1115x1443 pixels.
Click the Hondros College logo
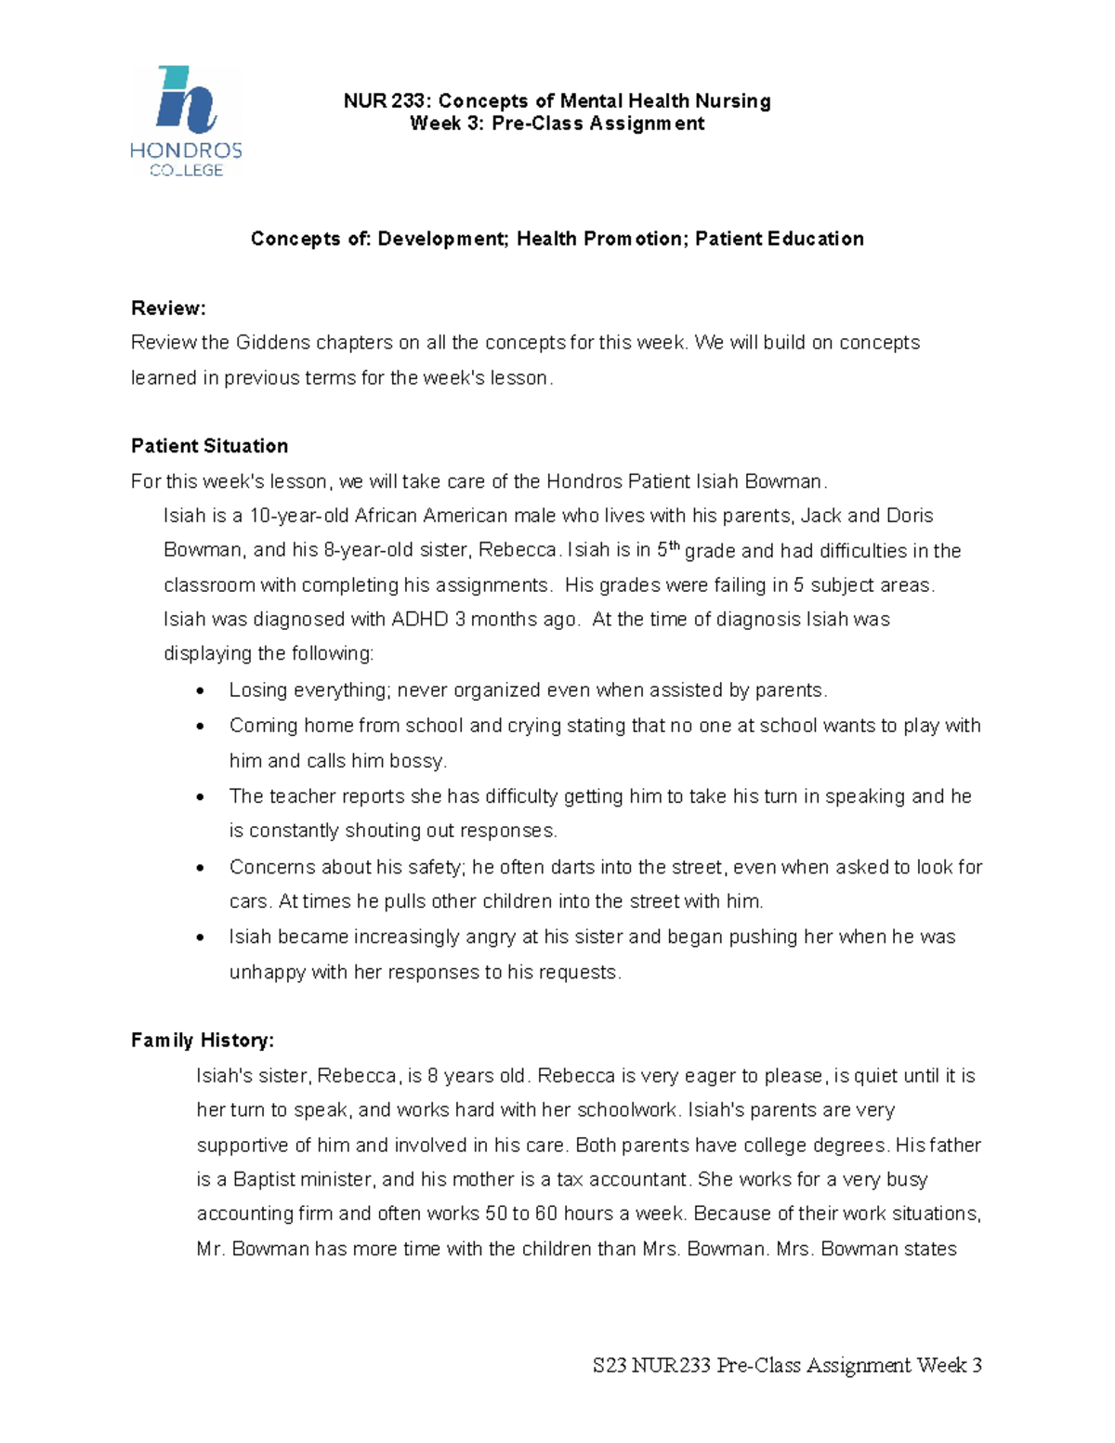point(186,121)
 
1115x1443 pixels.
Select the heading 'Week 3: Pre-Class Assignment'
point(557,125)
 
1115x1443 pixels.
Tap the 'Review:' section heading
point(168,308)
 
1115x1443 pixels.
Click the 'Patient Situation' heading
point(209,446)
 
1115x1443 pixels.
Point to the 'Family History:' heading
point(203,1041)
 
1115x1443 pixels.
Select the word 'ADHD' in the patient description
point(420,620)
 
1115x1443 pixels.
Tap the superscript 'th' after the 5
point(675,546)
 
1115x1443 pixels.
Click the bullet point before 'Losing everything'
point(201,691)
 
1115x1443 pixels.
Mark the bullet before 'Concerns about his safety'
point(201,868)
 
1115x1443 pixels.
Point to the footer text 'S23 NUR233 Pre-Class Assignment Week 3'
point(787,1365)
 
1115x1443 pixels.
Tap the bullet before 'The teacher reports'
point(201,797)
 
